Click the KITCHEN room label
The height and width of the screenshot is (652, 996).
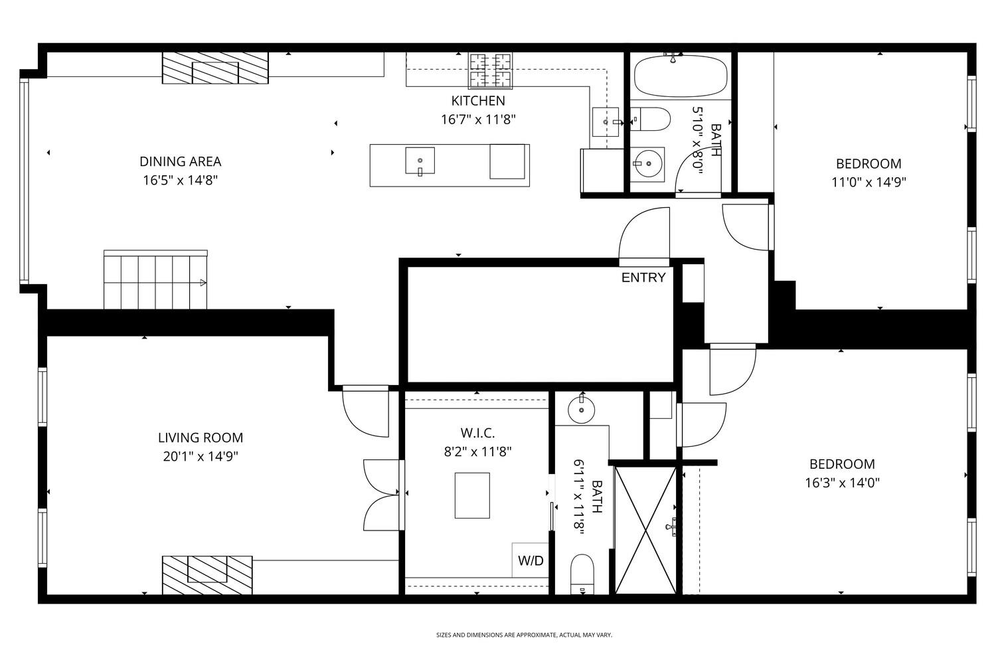pyautogui.click(x=478, y=101)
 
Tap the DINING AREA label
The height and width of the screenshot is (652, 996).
pyautogui.click(x=180, y=161)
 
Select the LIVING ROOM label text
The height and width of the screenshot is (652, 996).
pyautogui.click(x=201, y=438)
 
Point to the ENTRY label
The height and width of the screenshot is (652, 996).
pyautogui.click(x=643, y=278)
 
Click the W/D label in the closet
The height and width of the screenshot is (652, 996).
pyautogui.click(x=531, y=560)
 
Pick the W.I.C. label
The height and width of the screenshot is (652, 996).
pyautogui.click(x=477, y=433)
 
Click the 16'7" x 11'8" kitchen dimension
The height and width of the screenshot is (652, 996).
pyautogui.click(x=478, y=120)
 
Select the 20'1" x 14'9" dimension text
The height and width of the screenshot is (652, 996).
pyautogui.click(x=201, y=457)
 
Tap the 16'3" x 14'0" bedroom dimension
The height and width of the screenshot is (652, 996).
pyautogui.click(x=842, y=483)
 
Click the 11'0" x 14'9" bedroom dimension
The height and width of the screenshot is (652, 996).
pyautogui.click(x=869, y=183)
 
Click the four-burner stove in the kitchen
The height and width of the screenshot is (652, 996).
pyautogui.click(x=490, y=70)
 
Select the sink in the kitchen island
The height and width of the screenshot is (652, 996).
pyautogui.click(x=420, y=161)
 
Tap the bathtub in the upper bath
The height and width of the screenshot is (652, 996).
pyautogui.click(x=681, y=76)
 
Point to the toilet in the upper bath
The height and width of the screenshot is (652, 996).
pyautogui.click(x=650, y=120)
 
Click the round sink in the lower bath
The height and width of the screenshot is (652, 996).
pyautogui.click(x=581, y=410)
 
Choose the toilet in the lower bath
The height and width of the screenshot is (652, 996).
pyautogui.click(x=582, y=574)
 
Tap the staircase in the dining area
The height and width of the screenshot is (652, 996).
pyautogui.click(x=155, y=280)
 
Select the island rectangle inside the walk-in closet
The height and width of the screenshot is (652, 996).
pyautogui.click(x=472, y=495)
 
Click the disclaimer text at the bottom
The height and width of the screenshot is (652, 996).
pyautogui.click(x=524, y=635)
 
